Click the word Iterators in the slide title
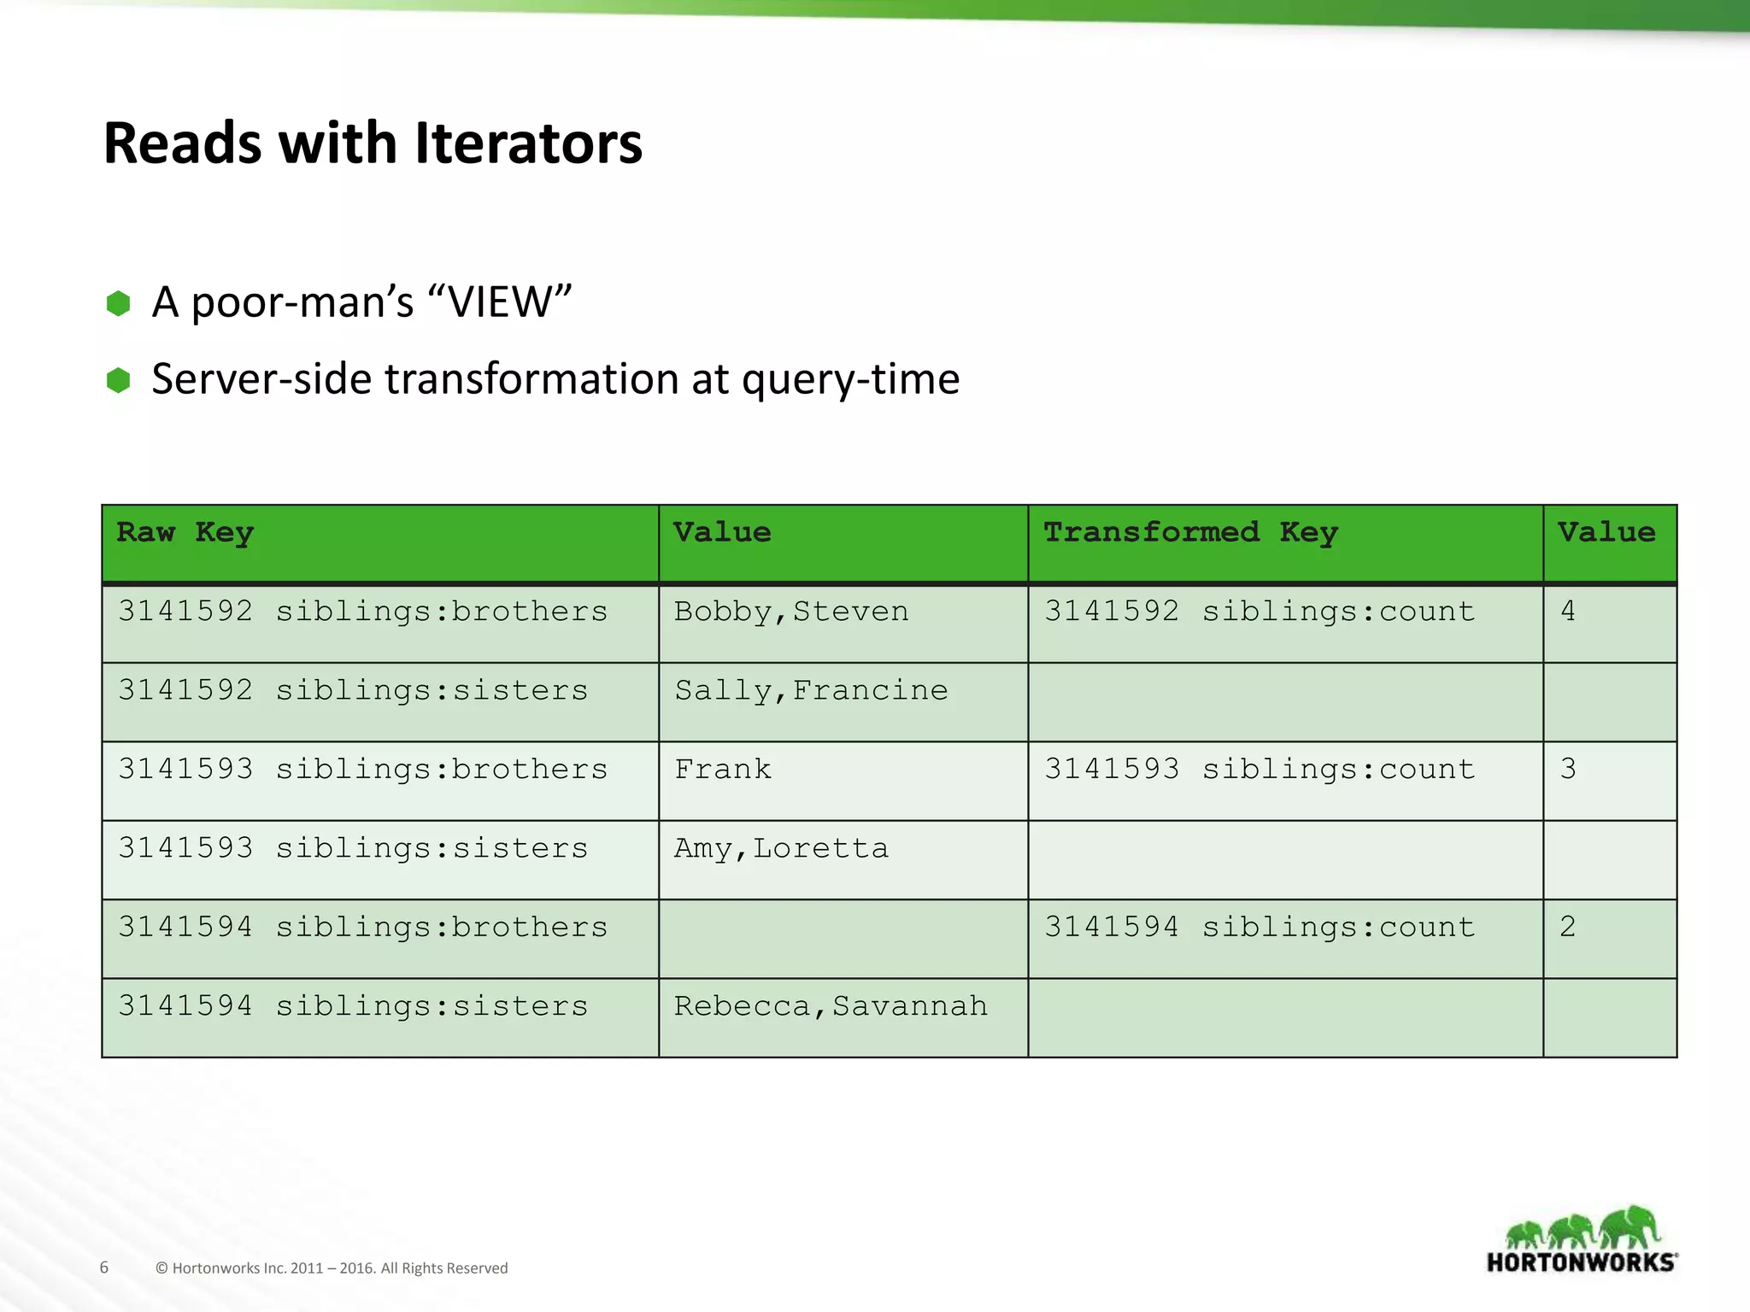coord(528,143)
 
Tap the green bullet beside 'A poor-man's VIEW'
coord(118,303)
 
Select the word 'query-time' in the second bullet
coord(850,379)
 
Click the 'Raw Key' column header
coord(185,533)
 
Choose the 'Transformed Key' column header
coord(1189,533)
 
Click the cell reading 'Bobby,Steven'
coord(791,612)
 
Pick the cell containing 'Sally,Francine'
coord(811,691)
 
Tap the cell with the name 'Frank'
coord(723,770)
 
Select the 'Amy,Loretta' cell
coord(781,849)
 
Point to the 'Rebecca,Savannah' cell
coord(831,1006)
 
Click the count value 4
coord(1568,612)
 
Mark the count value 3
coord(1568,769)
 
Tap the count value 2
coord(1568,927)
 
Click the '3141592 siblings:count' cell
coord(1260,612)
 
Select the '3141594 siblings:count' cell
coord(1260,928)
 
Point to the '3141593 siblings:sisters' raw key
coord(353,849)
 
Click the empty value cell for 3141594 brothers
coord(843,939)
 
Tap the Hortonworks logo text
coord(1582,1262)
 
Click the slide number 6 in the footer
coord(104,1268)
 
